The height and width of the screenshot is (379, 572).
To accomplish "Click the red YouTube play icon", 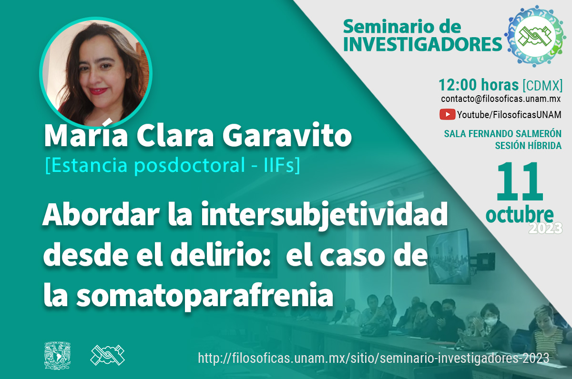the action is (x=447, y=114).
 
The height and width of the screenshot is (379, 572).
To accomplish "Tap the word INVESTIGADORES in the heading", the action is (x=423, y=45).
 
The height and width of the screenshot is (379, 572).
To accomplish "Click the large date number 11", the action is (x=520, y=182).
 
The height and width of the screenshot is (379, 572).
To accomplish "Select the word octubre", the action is (x=520, y=215).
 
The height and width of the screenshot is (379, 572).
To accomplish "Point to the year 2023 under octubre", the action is (x=545, y=228).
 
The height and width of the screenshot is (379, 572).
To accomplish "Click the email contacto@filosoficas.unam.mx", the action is (x=500, y=99).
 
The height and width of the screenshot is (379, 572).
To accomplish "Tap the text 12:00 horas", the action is (x=479, y=85).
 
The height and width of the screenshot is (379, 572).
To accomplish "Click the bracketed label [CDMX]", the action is (x=542, y=85).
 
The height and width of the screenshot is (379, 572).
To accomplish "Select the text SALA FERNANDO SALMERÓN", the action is (x=502, y=134).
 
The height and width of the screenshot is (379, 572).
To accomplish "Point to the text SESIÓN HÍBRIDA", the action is (x=528, y=146).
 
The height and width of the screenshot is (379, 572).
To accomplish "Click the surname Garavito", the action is (x=287, y=135).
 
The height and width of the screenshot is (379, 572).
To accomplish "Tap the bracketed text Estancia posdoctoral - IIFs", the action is (x=173, y=165).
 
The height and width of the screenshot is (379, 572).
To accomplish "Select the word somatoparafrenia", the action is (x=205, y=296).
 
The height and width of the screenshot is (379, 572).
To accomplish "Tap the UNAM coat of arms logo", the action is (x=58, y=356).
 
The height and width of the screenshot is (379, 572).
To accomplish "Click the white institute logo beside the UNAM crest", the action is (x=108, y=355).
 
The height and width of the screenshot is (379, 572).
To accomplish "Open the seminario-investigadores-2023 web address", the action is (x=374, y=358).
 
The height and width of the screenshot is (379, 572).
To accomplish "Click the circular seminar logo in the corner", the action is (x=535, y=36).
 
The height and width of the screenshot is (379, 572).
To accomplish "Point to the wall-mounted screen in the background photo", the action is (x=449, y=256).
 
